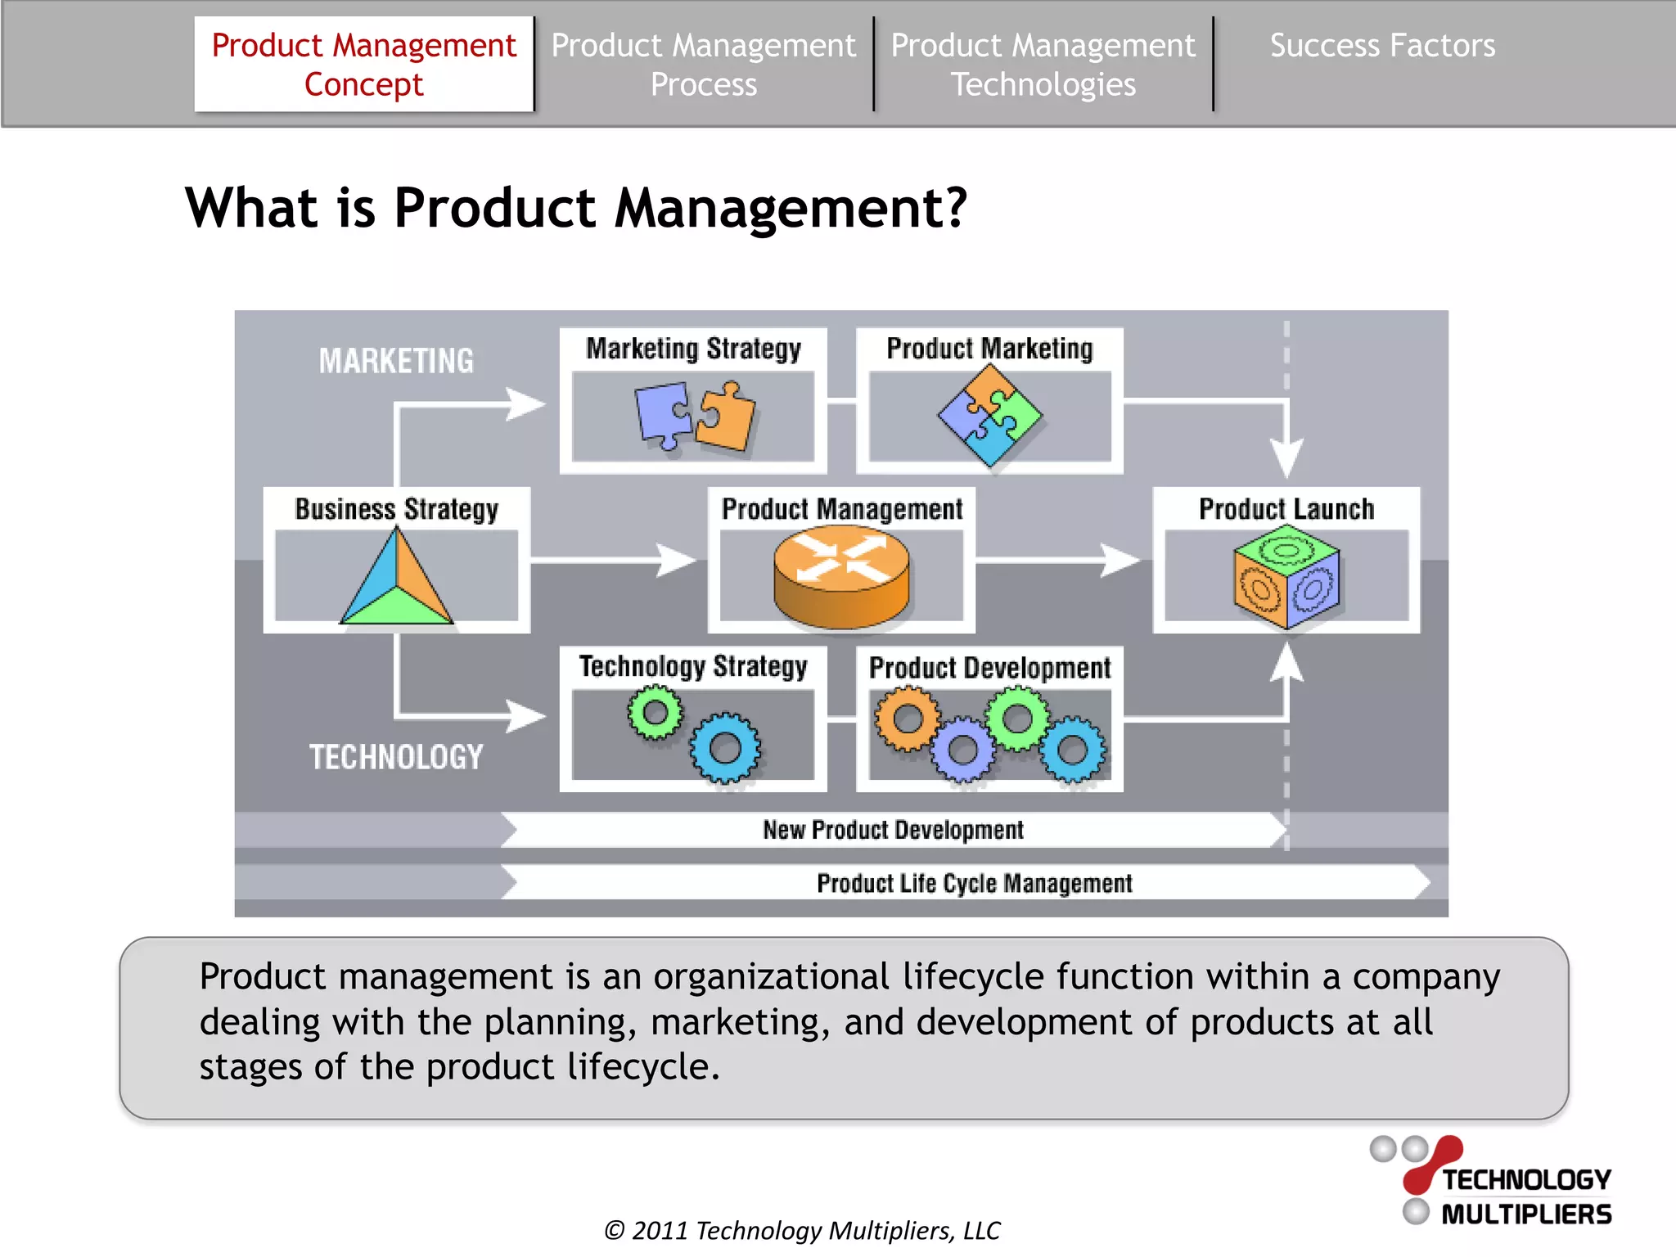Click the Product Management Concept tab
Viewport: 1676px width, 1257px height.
pyautogui.click(x=363, y=64)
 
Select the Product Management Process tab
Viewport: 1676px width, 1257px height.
pyautogui.click(x=703, y=64)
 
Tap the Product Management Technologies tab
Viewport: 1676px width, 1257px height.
pyautogui.click(x=1043, y=64)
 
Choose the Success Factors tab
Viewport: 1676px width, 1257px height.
pyautogui.click(x=1382, y=46)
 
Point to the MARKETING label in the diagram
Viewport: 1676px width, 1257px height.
pyautogui.click(x=396, y=361)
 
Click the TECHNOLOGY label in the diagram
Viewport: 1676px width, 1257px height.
pyautogui.click(x=396, y=757)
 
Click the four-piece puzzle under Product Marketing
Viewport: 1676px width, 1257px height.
pyautogui.click(x=989, y=416)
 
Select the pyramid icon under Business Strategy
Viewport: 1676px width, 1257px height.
pyautogui.click(x=397, y=579)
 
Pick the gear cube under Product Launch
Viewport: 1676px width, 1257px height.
pyautogui.click(x=1286, y=577)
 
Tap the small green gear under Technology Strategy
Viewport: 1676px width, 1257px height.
pyautogui.click(x=655, y=712)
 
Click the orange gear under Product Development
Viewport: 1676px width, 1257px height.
pyautogui.click(x=907, y=719)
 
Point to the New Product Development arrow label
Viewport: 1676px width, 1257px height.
pyautogui.click(x=893, y=830)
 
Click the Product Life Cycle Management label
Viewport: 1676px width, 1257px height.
pyautogui.click(x=974, y=884)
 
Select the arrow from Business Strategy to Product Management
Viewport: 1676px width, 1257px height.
pyautogui.click(x=614, y=561)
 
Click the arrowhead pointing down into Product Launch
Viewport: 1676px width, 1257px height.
pyautogui.click(x=1286, y=458)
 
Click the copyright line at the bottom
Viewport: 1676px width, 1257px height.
pyautogui.click(x=802, y=1230)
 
